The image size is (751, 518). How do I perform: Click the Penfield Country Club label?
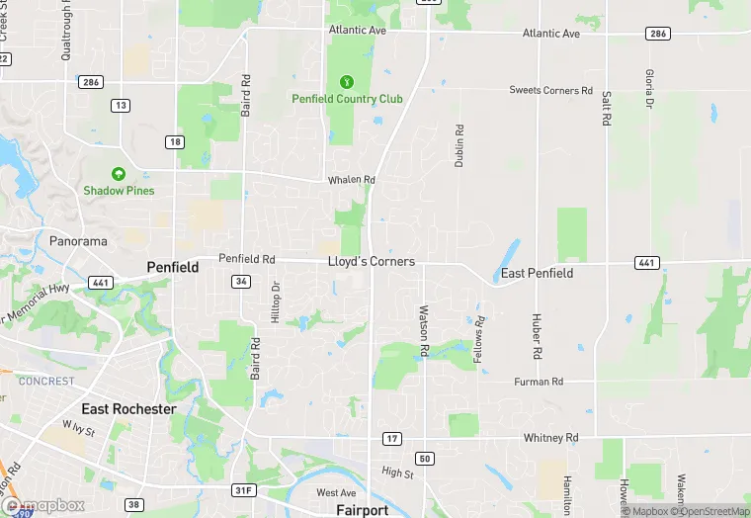pyautogui.click(x=347, y=99)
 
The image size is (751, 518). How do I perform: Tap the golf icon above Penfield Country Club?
pyautogui.click(x=346, y=81)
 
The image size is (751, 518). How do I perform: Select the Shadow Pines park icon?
pyautogui.click(x=119, y=173)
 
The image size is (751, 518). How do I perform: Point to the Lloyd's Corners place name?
pyautogui.click(x=372, y=262)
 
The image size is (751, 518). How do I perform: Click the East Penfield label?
pyautogui.click(x=537, y=273)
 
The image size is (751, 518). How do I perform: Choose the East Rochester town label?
pyautogui.click(x=128, y=409)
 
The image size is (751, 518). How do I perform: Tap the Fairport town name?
pyautogui.click(x=362, y=510)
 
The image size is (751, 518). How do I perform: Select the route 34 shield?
pyautogui.click(x=240, y=282)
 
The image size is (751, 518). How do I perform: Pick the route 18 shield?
pyautogui.click(x=175, y=142)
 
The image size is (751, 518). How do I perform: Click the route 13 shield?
pyautogui.click(x=121, y=105)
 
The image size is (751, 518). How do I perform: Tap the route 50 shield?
pyautogui.click(x=425, y=459)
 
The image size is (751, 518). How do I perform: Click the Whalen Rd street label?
pyautogui.click(x=353, y=180)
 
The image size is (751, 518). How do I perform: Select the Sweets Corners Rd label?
pyautogui.click(x=550, y=91)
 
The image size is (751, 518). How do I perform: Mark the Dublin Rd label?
pyautogui.click(x=459, y=145)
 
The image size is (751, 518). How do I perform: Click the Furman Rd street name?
pyautogui.click(x=539, y=382)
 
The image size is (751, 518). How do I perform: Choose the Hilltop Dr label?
pyautogui.click(x=276, y=302)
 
